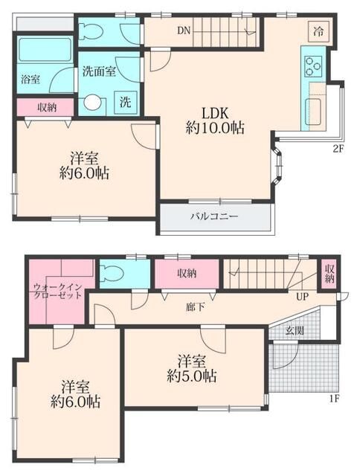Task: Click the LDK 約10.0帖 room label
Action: pos(215,120)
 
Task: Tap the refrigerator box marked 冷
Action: pos(318,31)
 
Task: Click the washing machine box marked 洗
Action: pos(126,102)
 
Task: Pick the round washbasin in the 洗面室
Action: pos(92,103)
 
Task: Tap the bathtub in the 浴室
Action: pos(45,50)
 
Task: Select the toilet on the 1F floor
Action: pos(112,274)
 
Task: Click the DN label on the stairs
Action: pos(184,30)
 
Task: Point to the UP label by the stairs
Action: pos(302,296)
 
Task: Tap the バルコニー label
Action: pos(214,216)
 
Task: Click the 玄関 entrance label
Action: pos(295,330)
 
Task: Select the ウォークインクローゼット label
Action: pos(57,291)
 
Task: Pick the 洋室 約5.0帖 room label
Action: pos(192,369)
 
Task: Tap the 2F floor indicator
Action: pos(338,149)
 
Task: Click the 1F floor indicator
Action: pos(334,399)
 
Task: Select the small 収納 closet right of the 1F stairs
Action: pos(330,274)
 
